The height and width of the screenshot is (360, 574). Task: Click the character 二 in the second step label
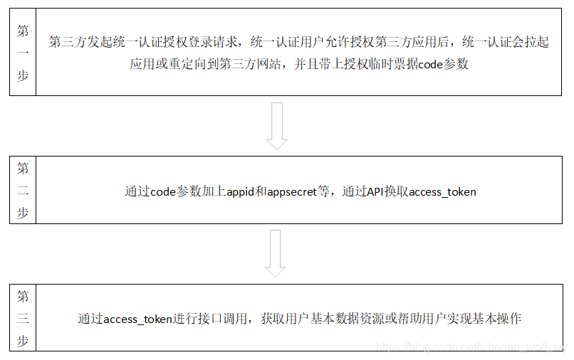[23, 191]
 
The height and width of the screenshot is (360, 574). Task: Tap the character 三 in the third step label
[23, 318]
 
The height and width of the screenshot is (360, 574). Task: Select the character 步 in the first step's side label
[23, 76]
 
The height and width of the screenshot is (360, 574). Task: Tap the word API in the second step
[375, 191]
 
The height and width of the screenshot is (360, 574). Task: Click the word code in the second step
[163, 191]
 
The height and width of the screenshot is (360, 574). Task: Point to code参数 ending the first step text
[443, 64]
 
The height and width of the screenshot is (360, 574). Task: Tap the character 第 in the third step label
[23, 295]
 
